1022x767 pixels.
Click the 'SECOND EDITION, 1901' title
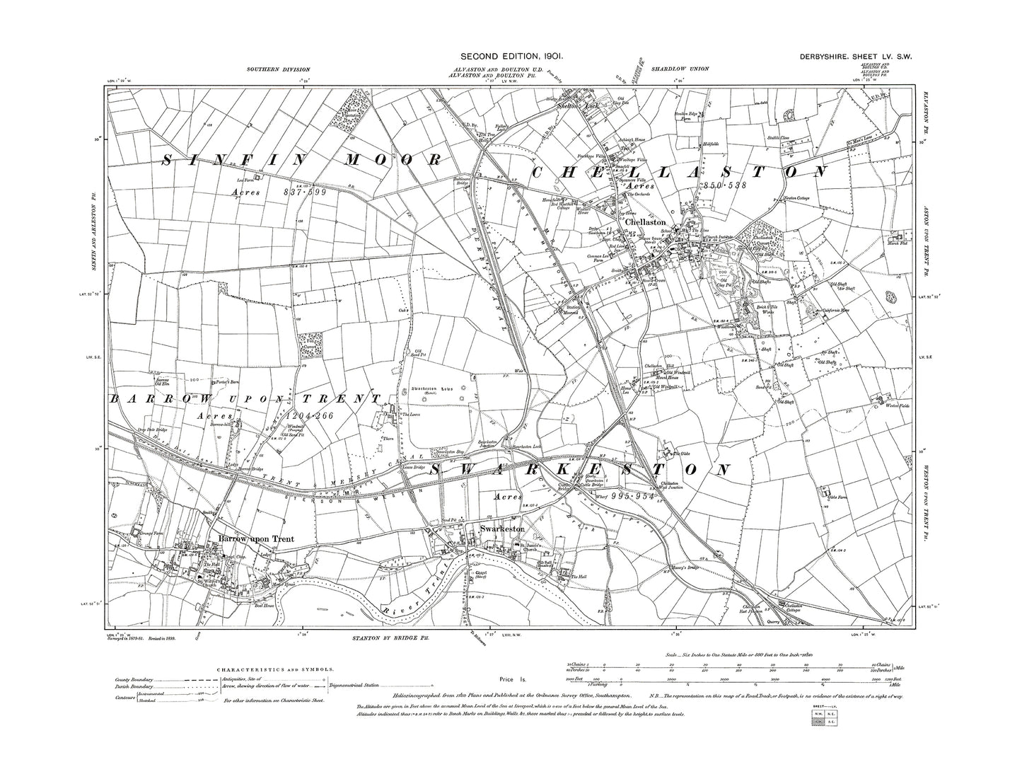tap(511, 56)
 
